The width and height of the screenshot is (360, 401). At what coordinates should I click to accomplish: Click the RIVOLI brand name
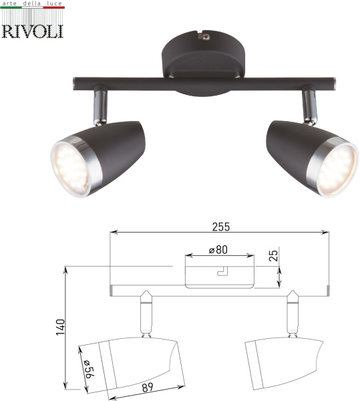point(32,30)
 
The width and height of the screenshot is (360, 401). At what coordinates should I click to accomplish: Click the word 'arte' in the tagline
point(11,5)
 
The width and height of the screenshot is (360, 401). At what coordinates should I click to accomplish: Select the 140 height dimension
point(59,327)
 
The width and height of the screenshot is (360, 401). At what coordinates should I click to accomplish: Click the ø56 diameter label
point(87,370)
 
